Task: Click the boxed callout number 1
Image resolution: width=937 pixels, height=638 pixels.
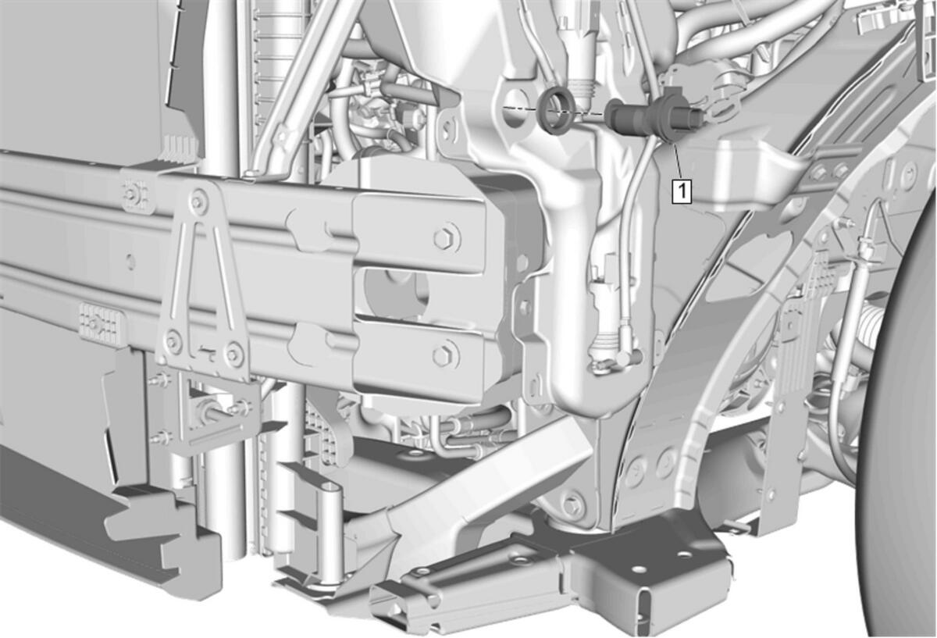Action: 682,191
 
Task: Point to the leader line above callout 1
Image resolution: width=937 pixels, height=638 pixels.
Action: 677,162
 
